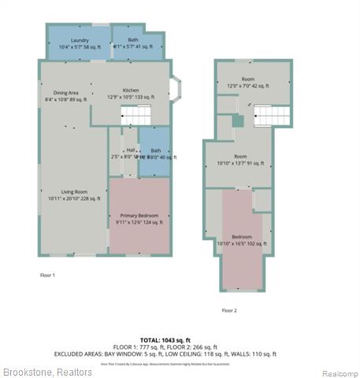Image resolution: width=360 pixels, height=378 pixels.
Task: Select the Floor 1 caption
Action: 47,275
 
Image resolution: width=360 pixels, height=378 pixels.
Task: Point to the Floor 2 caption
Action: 229,310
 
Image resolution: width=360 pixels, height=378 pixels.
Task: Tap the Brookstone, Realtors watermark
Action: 47,372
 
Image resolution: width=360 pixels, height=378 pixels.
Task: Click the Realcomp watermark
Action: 340,372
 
